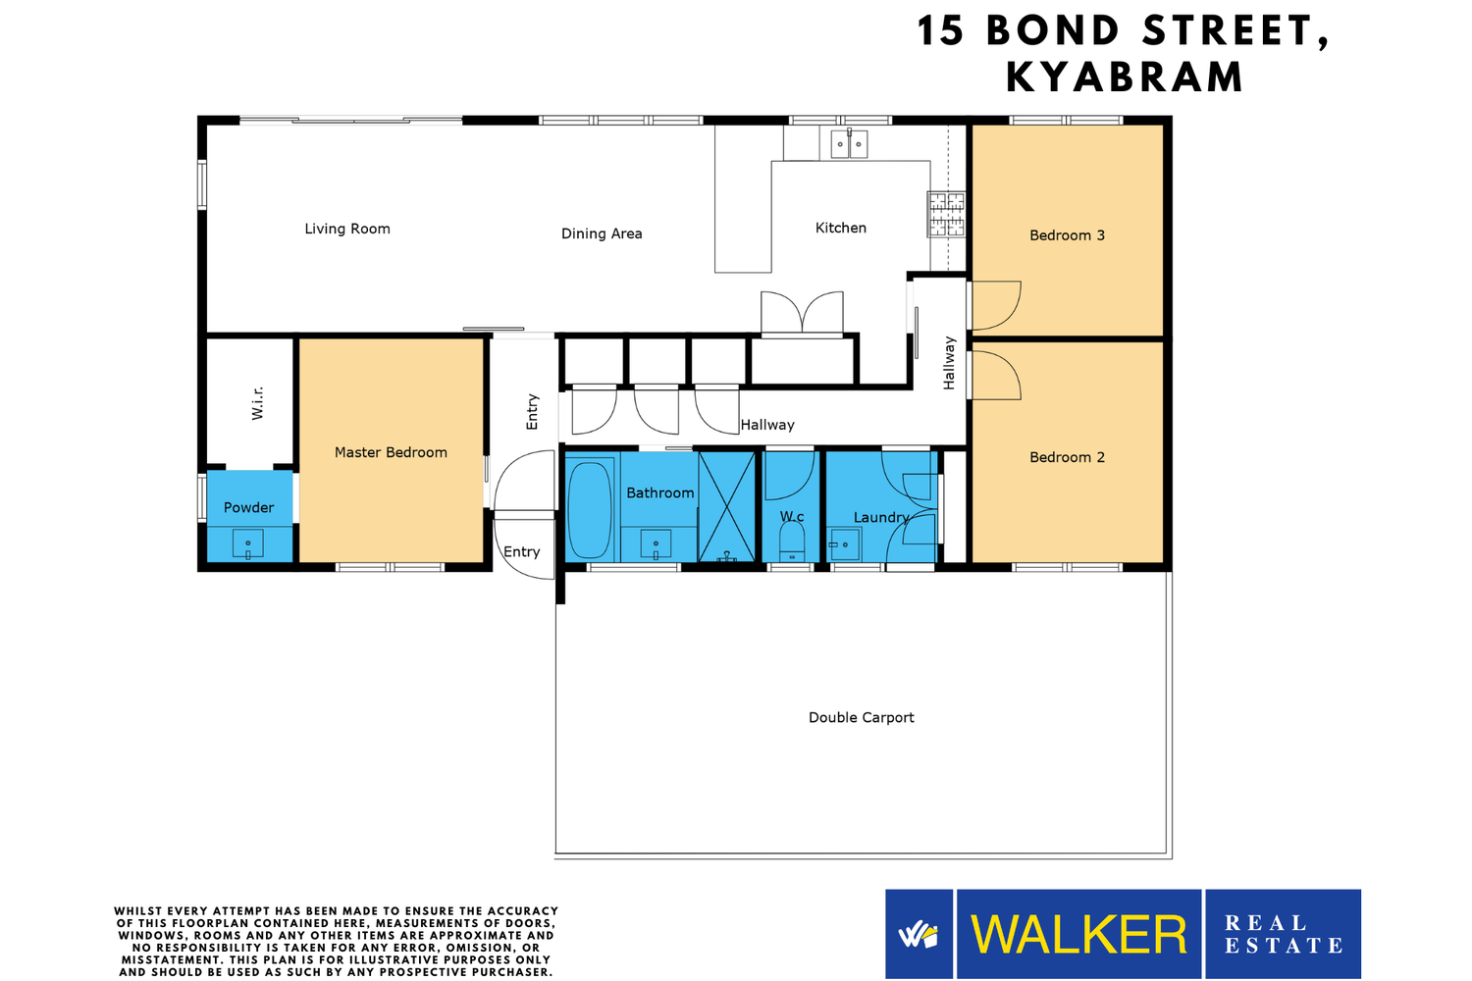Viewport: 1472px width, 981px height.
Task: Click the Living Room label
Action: [x=347, y=229]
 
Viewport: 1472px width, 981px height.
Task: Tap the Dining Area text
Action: [x=602, y=233]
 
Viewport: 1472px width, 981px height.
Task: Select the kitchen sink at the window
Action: [x=849, y=144]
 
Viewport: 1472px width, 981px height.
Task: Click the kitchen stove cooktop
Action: [x=946, y=214]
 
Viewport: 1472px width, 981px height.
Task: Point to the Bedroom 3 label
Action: [x=1067, y=235]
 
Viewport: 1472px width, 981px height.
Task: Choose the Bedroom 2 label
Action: [x=1067, y=457]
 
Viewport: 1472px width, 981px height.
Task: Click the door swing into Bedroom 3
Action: [x=996, y=305]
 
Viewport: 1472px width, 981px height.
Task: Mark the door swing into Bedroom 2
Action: [x=996, y=375]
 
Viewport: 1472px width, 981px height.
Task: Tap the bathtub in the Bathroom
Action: [x=590, y=510]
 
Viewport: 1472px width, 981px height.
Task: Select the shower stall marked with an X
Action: [x=727, y=506]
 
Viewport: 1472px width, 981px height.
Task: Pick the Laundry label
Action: [x=880, y=518]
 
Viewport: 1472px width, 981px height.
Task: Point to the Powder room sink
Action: [x=247, y=544]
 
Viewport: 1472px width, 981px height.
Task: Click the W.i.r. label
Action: [x=257, y=403]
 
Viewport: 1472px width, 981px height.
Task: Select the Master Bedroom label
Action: [x=391, y=452]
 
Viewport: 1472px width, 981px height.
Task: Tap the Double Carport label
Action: [x=861, y=717]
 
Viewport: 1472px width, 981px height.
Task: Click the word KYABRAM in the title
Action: [x=1125, y=77]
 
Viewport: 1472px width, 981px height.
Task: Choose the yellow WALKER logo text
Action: [x=1078, y=934]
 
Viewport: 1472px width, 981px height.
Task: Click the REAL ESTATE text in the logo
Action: [x=1284, y=934]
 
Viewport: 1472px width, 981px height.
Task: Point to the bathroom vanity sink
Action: [x=656, y=544]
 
